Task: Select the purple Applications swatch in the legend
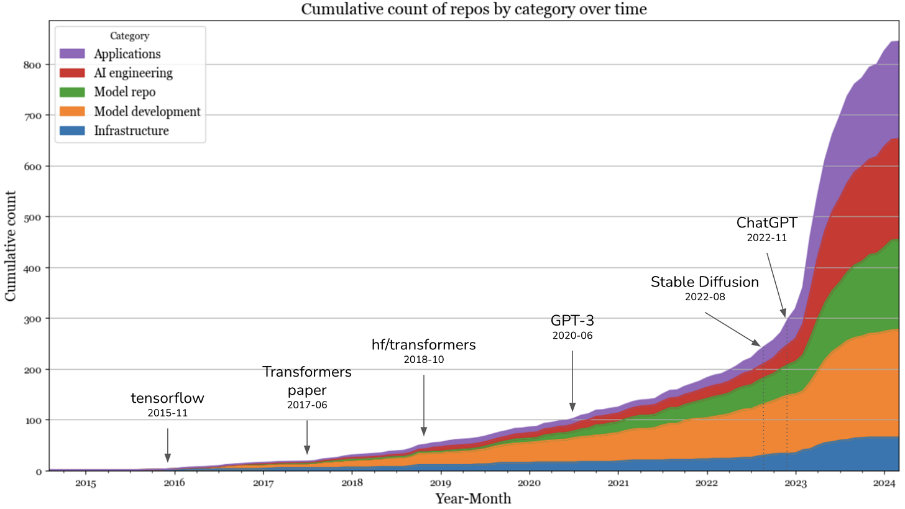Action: pos(72,53)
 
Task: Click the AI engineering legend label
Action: pos(133,73)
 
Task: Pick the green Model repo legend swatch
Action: pos(72,93)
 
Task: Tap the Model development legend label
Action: pos(147,112)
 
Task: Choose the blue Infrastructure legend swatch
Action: pos(72,131)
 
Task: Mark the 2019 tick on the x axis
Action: pos(440,483)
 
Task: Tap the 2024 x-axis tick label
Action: pos(884,483)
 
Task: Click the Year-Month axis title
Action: pos(473,498)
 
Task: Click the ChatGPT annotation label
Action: pos(766,222)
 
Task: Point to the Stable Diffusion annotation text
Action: pos(705,282)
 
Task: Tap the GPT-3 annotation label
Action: pos(572,321)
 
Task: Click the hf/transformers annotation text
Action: pos(423,345)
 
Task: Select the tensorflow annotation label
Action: pos(167,398)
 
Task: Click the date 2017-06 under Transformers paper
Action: pos(306,405)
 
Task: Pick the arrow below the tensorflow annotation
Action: pos(167,448)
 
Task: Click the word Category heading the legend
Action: pos(129,36)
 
